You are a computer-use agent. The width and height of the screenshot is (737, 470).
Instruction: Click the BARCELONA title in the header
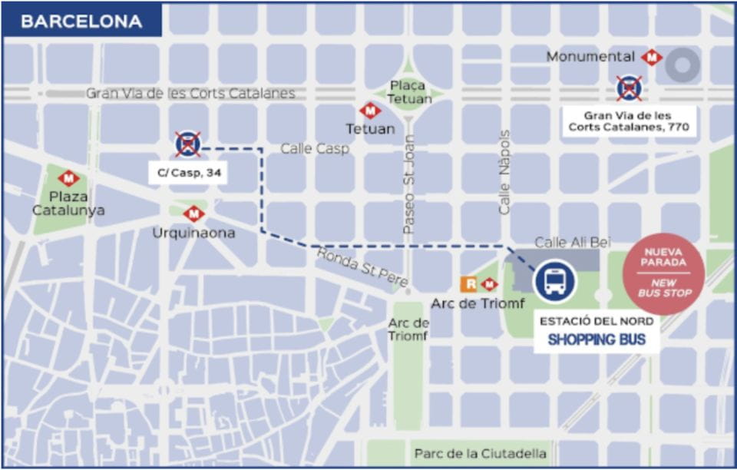[81, 22]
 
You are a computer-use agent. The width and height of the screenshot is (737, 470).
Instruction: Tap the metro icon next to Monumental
[652, 57]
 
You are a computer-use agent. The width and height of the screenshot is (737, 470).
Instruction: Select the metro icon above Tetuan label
[369, 111]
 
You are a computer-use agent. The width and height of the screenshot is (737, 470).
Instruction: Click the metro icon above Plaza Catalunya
[68, 178]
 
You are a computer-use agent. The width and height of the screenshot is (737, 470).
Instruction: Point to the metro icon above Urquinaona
[193, 213]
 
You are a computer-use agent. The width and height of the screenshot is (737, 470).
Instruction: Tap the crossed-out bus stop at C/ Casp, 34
[187, 144]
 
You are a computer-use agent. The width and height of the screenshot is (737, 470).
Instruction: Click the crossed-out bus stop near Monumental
[629, 88]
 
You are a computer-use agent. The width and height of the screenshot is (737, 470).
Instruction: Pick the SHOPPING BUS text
[597, 339]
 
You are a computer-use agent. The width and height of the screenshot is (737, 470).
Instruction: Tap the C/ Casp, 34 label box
[188, 173]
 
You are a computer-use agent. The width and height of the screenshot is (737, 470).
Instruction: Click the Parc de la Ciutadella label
[480, 453]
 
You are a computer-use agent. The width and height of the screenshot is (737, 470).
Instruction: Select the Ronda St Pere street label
[361, 268]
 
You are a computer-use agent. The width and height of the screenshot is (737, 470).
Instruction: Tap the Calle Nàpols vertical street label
[504, 172]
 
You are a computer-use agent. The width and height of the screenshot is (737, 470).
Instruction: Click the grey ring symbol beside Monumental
[681, 65]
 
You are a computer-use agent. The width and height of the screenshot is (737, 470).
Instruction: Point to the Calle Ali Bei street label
[573, 243]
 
